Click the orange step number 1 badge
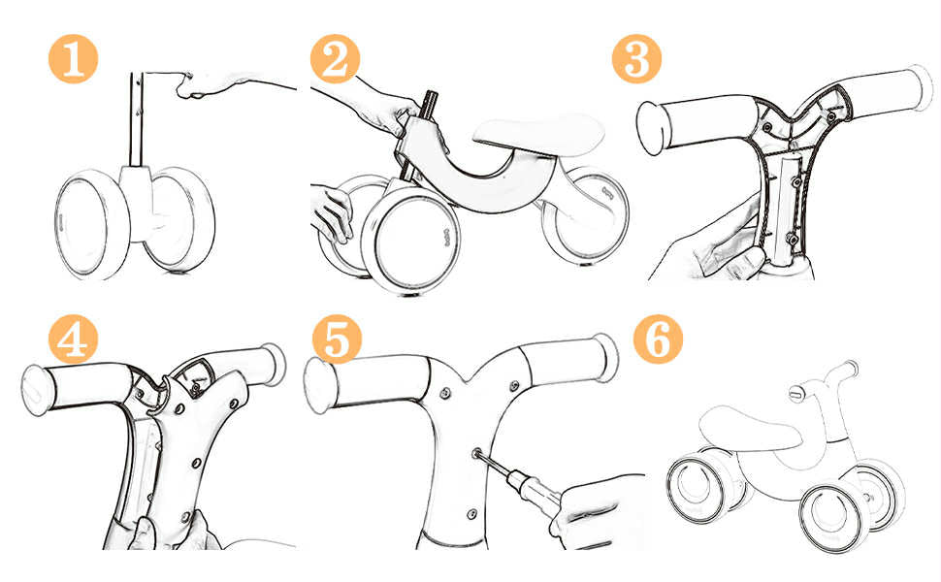click(x=73, y=59)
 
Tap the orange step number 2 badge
click(x=335, y=59)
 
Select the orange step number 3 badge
click(x=636, y=59)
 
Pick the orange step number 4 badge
click(x=73, y=339)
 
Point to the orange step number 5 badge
click(x=337, y=339)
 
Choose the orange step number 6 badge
click(x=659, y=339)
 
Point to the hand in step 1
click(x=211, y=85)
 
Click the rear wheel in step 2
click(x=585, y=216)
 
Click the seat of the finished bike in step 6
click(x=750, y=427)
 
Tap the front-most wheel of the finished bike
click(x=833, y=515)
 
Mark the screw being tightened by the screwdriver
click(x=476, y=453)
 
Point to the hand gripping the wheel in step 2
click(x=331, y=213)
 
